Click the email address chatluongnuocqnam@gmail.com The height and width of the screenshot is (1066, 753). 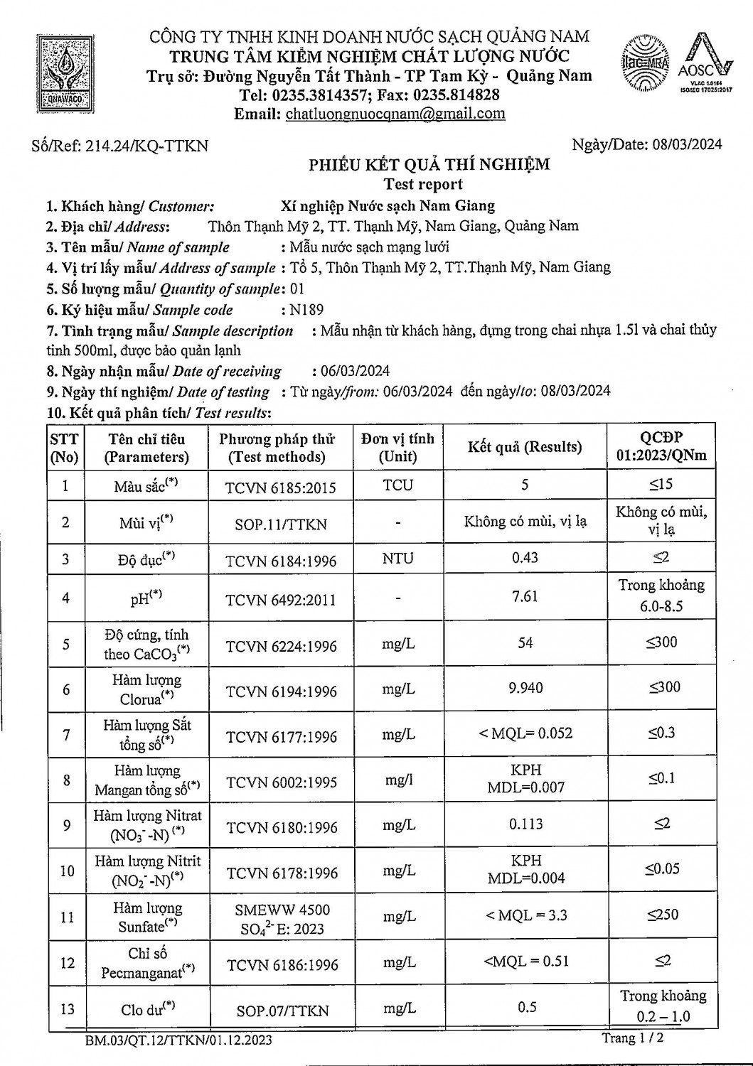(x=395, y=114)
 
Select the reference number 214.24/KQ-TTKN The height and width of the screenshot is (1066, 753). (x=146, y=146)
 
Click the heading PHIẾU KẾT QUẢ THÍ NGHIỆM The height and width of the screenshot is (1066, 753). (x=429, y=165)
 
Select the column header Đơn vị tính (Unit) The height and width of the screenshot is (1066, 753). (x=397, y=447)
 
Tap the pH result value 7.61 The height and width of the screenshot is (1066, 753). (x=525, y=596)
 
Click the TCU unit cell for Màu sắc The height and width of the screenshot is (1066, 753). (x=397, y=485)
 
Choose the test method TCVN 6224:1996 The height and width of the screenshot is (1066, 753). (x=281, y=646)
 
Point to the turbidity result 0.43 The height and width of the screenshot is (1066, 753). (x=525, y=557)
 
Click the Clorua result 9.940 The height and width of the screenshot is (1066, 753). (x=525, y=687)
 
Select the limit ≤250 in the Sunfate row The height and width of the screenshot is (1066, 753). (x=662, y=915)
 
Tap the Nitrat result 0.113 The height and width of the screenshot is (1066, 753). (x=525, y=824)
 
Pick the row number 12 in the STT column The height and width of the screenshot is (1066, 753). (x=67, y=963)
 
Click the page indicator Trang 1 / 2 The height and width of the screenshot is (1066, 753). (x=633, y=1038)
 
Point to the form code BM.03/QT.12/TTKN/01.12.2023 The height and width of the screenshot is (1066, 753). (x=177, y=1041)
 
